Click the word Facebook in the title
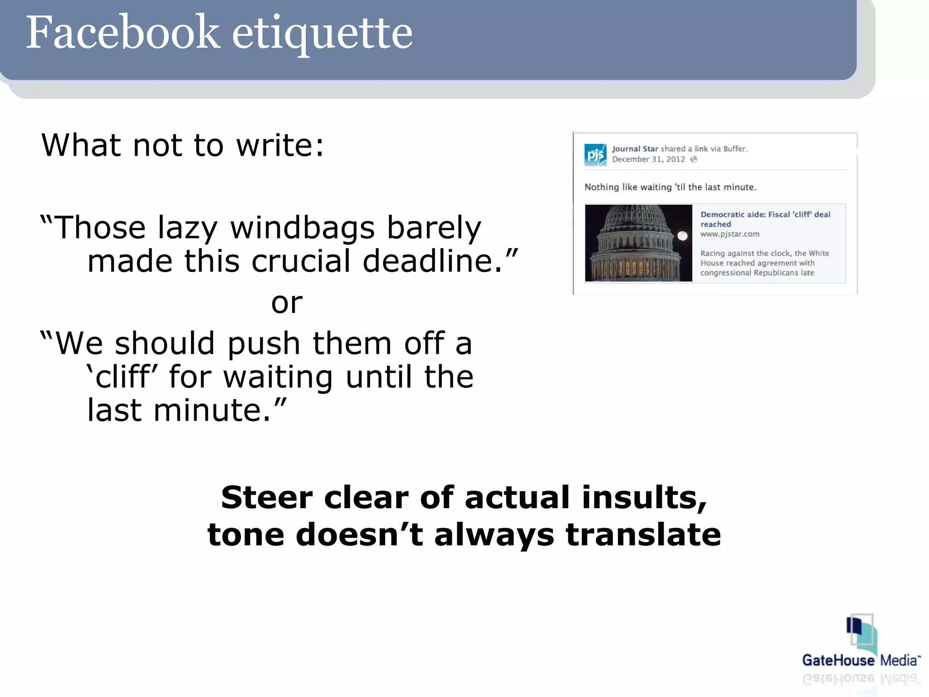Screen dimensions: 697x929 coord(122,33)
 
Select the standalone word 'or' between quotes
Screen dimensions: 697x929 coord(287,303)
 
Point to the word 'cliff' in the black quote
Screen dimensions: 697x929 coord(122,377)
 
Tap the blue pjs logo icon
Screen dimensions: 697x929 coord(595,155)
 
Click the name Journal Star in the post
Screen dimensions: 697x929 coord(635,149)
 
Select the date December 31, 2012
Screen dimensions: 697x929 coord(648,159)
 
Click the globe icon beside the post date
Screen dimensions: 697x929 coord(694,159)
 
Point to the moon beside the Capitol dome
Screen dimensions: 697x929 coord(682,235)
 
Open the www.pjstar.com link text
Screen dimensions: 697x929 coord(729,234)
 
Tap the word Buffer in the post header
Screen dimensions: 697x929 coord(735,149)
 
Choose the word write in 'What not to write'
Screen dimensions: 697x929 coord(280,145)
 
